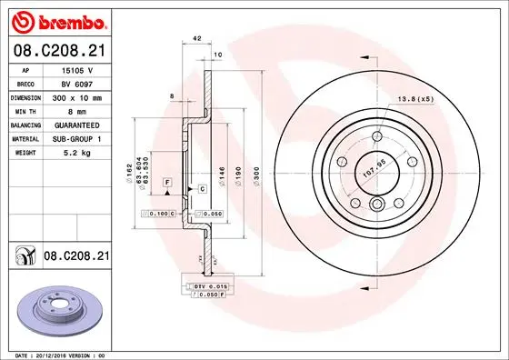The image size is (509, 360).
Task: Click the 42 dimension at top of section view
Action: (x=196, y=38)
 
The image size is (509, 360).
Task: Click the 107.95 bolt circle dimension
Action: (x=374, y=166)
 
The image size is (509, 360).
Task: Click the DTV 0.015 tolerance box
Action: (x=210, y=286)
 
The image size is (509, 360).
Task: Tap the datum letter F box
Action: (x=168, y=183)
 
